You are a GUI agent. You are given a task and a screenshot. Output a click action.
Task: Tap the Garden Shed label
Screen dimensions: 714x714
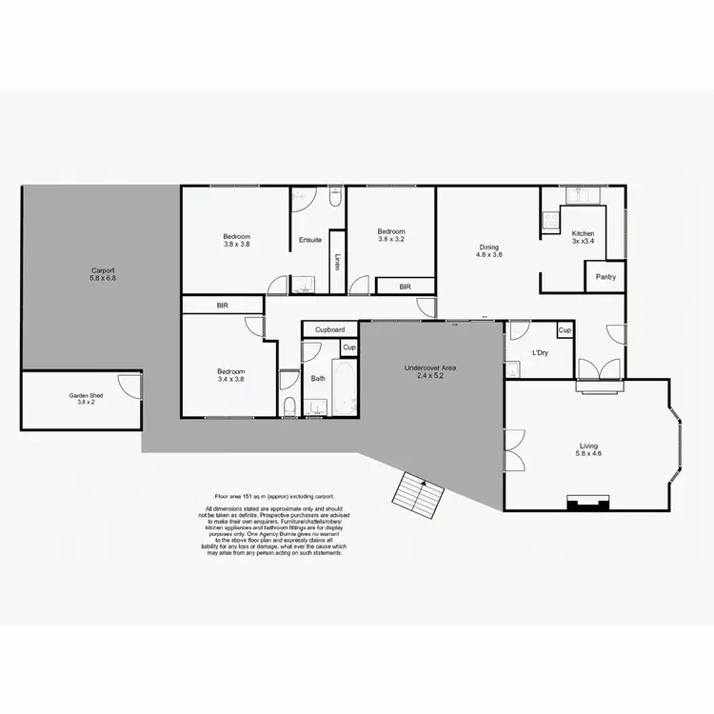85,399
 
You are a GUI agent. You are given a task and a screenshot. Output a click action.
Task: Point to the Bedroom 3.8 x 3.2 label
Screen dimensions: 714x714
391,235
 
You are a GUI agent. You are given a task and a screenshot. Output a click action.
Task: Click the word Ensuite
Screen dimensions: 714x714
309,240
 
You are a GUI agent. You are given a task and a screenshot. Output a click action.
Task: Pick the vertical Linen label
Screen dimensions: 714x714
337,261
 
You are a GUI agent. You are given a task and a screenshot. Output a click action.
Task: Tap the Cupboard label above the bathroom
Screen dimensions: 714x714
329,329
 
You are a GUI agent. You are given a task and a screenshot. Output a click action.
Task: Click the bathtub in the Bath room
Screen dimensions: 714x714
345,387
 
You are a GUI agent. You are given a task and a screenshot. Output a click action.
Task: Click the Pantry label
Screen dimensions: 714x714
605,277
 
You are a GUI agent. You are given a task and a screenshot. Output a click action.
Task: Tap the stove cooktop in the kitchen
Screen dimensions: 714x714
549,224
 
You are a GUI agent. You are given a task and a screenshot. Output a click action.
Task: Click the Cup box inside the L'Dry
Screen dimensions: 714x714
565,330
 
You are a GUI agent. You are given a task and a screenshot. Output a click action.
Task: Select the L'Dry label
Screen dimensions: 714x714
540,353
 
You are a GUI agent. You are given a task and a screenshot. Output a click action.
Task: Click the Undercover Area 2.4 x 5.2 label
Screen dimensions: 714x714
430,371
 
